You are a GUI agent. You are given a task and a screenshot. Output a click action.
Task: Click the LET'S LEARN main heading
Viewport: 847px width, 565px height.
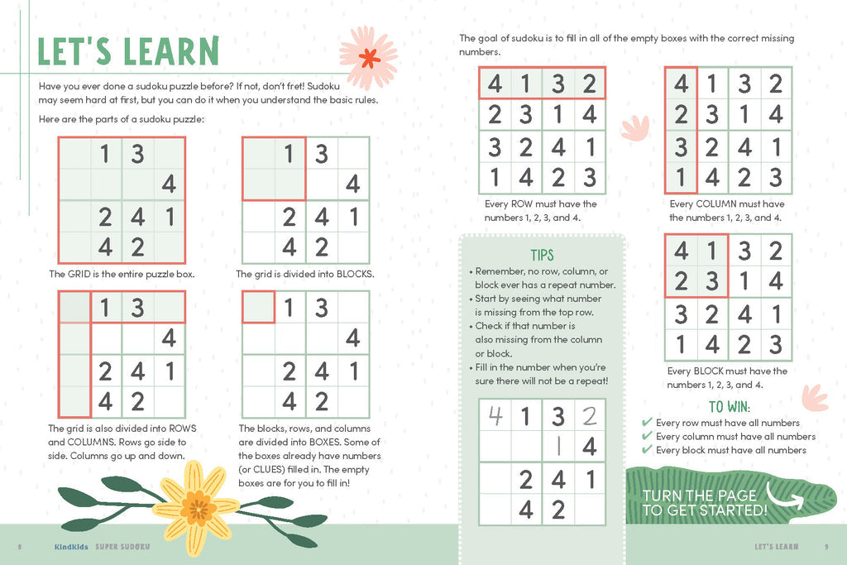(x=128, y=51)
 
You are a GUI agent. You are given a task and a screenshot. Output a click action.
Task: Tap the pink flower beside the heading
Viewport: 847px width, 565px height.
(x=368, y=57)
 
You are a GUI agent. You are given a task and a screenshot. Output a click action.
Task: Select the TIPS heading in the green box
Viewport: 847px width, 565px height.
(x=542, y=255)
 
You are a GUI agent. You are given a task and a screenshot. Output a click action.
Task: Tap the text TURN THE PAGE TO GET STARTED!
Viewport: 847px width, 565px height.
(x=705, y=503)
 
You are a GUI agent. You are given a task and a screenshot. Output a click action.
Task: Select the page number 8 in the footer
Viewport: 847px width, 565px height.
(x=19, y=547)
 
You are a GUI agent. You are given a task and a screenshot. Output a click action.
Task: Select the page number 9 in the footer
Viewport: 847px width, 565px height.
(x=826, y=547)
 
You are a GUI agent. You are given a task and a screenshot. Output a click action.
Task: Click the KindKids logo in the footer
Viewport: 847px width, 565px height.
(x=71, y=547)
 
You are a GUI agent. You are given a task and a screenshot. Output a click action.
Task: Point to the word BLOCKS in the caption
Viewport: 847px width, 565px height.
(x=355, y=274)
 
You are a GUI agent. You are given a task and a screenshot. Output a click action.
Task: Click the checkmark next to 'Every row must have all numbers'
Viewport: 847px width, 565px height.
(x=647, y=423)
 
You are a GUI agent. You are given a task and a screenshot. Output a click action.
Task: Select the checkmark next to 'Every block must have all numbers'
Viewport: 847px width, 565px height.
(x=647, y=450)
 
